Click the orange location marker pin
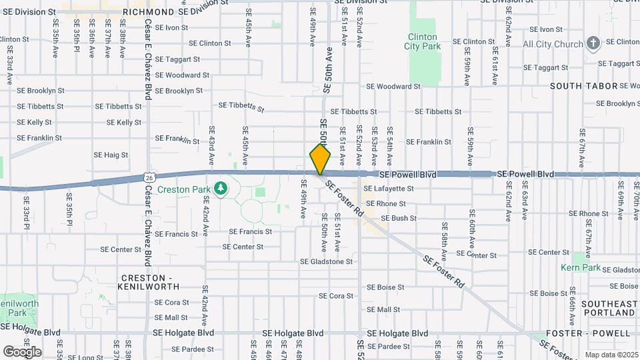coord(320,159)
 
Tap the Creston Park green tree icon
coord(221,189)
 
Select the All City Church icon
coord(593,44)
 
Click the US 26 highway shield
coord(149,177)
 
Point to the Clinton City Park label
coord(421,41)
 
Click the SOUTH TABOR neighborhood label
coord(576,87)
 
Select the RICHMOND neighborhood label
coord(148,12)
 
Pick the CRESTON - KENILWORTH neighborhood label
coord(150,281)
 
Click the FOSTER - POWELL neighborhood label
coord(588,333)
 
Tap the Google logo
coord(22,351)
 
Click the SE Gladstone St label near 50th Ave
coord(326,262)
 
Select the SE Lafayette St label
coord(389,189)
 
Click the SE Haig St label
coord(111,155)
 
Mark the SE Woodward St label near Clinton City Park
coord(393,87)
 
